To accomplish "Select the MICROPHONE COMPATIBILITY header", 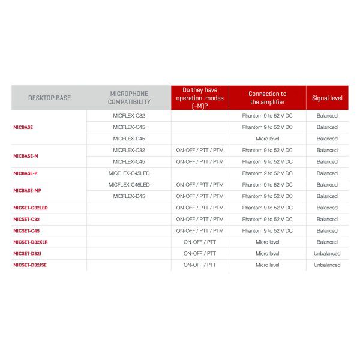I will coord(129,98).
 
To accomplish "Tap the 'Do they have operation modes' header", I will coord(200,98).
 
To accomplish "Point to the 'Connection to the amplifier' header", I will coord(267,98).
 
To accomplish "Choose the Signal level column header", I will coord(327,98).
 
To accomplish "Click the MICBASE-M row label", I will coord(26,156).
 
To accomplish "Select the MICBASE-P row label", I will coord(25,173).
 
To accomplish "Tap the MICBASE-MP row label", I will coord(27,190).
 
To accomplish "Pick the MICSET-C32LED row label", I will coord(31,208).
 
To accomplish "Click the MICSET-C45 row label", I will coord(26,230).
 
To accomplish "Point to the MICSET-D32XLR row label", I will coord(31,242).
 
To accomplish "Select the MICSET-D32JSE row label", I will coord(30,265).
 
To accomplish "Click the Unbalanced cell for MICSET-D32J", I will coord(327,253).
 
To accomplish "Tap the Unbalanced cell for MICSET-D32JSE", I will coord(327,265).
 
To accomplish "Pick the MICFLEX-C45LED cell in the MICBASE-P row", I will coord(129,173).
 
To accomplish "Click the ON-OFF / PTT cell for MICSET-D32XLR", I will coord(200,242).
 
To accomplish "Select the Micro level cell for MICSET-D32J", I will coord(267,253).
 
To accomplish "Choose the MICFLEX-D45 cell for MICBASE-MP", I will coord(129,196).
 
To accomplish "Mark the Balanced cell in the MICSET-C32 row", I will coord(327,219).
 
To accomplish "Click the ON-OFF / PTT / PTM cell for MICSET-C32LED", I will coord(200,208).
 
